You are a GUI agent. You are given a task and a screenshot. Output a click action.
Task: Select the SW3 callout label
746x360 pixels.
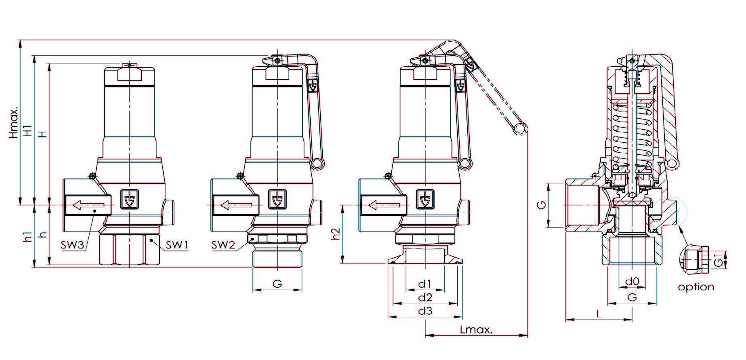73,245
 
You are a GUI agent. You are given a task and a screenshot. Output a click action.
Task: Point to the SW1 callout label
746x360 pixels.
177,245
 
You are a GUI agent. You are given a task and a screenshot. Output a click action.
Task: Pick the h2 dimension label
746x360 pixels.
335,234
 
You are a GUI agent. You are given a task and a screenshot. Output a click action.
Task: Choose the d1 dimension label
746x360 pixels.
425,284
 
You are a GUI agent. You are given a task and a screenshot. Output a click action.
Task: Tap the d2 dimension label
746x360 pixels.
425,298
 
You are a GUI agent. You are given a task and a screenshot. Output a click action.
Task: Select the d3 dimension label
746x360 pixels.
425,311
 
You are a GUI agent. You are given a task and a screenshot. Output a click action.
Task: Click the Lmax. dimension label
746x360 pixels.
477,330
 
